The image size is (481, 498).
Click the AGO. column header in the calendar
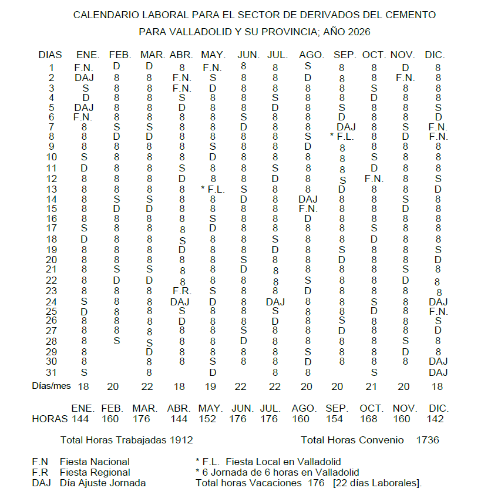pos(311,55)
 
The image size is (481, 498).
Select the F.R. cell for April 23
pos(182,290)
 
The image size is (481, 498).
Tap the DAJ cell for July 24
pos(275,301)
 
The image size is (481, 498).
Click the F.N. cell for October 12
pos(374,178)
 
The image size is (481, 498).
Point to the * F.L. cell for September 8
pos(342,137)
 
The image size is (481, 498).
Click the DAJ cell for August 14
pos(308,199)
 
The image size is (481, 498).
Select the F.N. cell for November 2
pos(405,78)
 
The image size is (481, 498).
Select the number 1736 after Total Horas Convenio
pos(427,439)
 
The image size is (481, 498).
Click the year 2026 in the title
pos(358,32)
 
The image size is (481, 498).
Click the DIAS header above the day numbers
pos(50,55)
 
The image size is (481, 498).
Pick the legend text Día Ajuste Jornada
pos(103,483)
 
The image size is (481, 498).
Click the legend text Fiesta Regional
pos(95,472)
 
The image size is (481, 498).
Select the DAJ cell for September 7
pos(347,127)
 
